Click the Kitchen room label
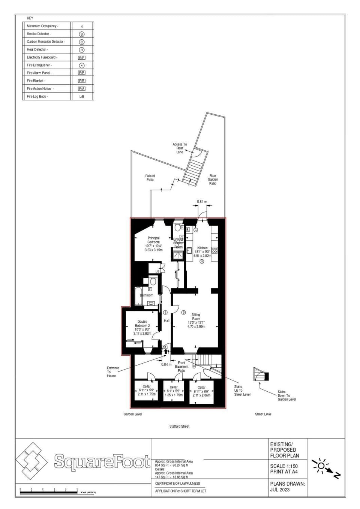click(202, 248)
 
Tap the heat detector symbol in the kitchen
click(202, 261)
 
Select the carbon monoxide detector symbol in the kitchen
click(195, 230)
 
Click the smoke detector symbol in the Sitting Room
click(183, 312)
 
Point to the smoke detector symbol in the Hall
click(165, 312)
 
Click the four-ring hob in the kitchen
click(214, 250)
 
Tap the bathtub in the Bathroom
click(138, 296)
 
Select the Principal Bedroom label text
click(153, 240)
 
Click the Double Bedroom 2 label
click(142, 323)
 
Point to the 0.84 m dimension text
click(166, 364)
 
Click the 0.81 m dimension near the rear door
click(202, 202)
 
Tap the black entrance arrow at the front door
click(166, 352)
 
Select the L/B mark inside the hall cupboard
click(157, 271)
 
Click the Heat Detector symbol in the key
click(81, 49)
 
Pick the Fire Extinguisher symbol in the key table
click(81, 65)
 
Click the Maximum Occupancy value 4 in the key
click(82, 26)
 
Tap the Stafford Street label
click(179, 426)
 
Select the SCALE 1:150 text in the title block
click(284, 466)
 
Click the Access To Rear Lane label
click(180, 148)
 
